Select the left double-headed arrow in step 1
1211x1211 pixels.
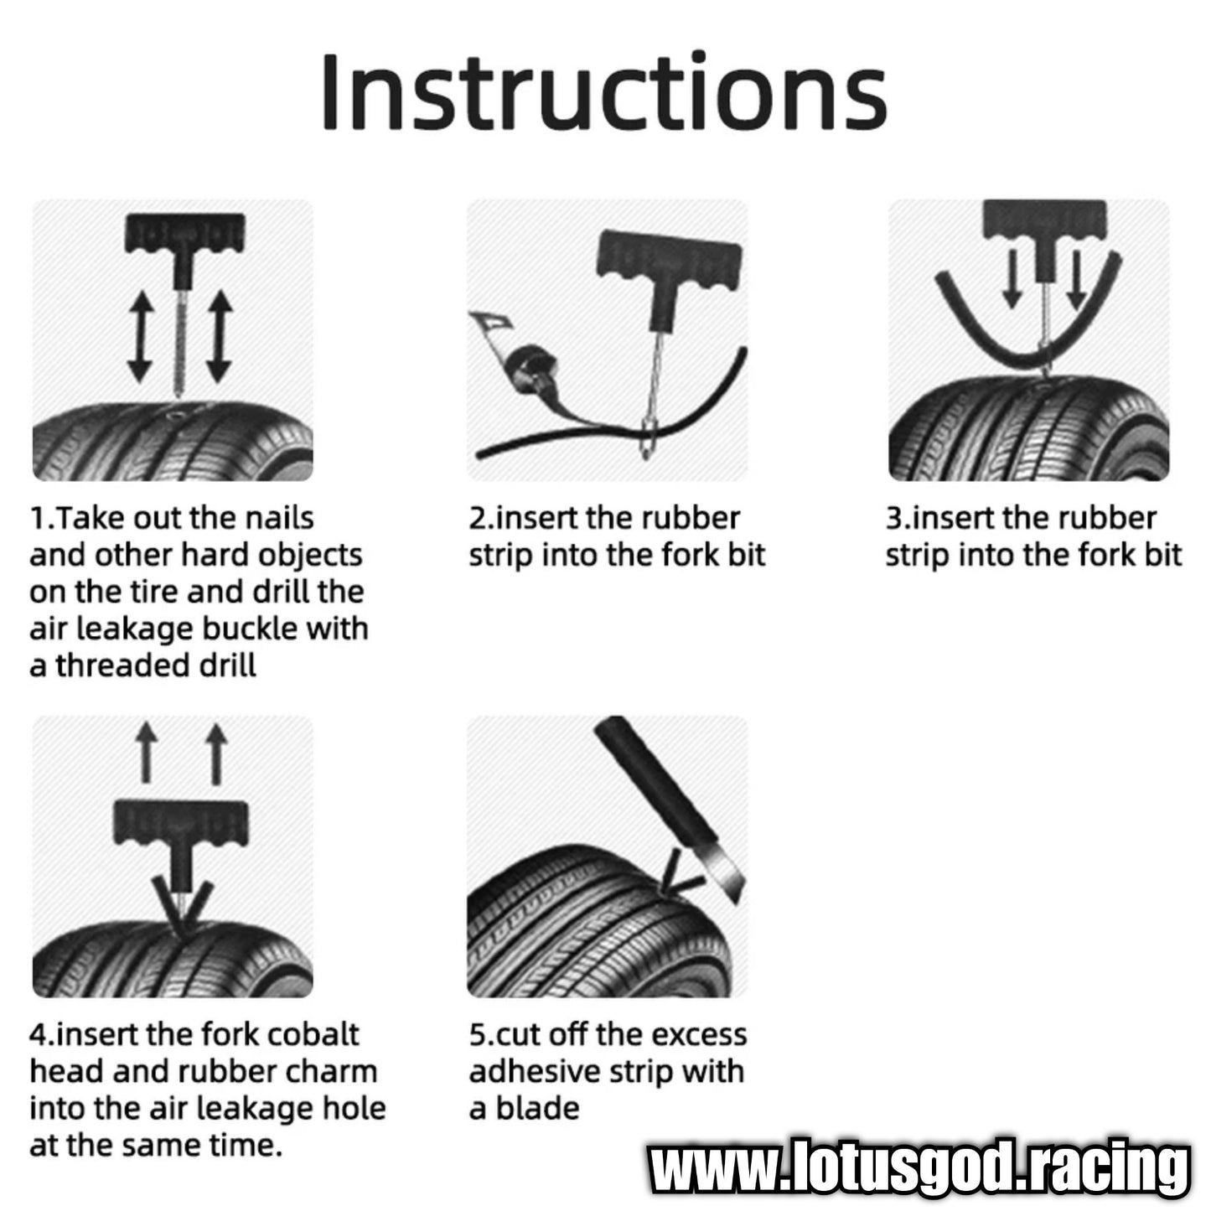[140, 337]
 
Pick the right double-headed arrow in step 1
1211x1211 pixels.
[220, 337]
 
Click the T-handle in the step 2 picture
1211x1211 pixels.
[669, 255]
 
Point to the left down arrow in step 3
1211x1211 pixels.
[1012, 279]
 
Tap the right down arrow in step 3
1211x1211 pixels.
[1077, 281]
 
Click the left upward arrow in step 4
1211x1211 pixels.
[147, 753]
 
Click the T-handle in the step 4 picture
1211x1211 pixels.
[181, 823]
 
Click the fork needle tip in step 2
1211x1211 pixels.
[645, 457]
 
